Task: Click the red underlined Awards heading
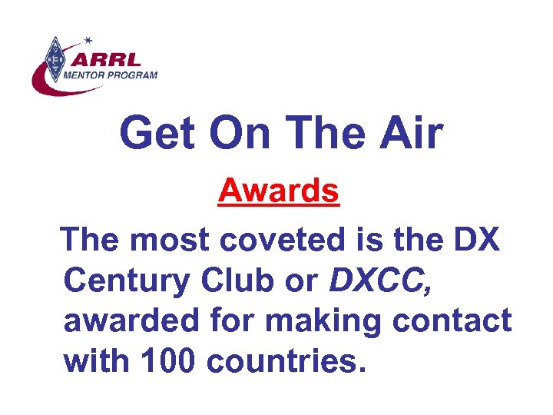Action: (x=278, y=191)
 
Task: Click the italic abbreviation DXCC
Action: (x=381, y=281)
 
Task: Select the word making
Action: (x=338, y=321)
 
